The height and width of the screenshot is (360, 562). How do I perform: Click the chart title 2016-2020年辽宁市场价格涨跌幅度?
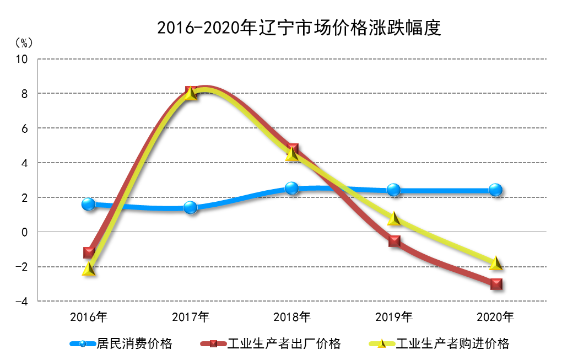click(299, 28)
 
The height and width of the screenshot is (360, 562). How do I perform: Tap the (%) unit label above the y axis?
click(23, 43)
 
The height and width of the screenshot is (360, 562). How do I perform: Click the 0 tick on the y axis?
click(24, 232)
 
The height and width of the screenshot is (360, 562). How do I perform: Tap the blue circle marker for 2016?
click(89, 204)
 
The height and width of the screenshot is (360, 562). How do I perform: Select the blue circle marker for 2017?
click(191, 207)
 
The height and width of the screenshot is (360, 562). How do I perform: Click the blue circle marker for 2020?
click(495, 190)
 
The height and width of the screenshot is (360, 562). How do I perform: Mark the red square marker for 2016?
click(89, 252)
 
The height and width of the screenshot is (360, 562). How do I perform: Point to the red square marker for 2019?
click(394, 241)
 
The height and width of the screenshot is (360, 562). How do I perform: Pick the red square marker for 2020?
click(496, 284)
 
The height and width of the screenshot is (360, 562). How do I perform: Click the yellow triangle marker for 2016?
click(89, 269)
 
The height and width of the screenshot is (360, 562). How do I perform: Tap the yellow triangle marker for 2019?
click(394, 219)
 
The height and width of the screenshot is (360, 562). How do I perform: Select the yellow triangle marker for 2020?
click(496, 264)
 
